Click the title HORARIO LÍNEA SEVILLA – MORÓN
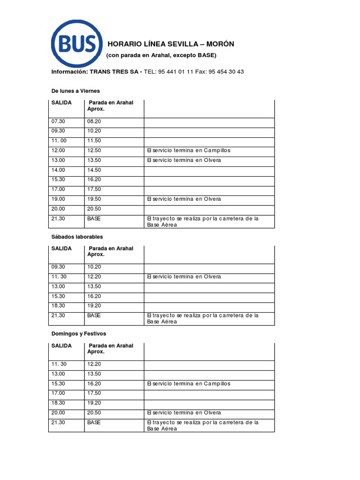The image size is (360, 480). pyautogui.click(x=171, y=44)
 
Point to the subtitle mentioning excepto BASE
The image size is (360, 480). pyautogui.click(x=161, y=55)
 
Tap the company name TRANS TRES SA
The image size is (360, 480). pyautogui.click(x=114, y=72)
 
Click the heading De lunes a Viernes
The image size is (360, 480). pyautogui.click(x=75, y=90)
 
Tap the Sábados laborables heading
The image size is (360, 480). pyautogui.click(x=77, y=237)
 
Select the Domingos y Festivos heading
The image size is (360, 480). pyautogui.click(x=79, y=334)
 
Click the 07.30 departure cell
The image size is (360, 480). pyautogui.click(x=58, y=121)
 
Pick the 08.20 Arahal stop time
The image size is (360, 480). pyautogui.click(x=94, y=121)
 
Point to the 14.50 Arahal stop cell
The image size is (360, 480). pyautogui.click(x=94, y=170)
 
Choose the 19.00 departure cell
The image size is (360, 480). pyautogui.click(x=58, y=199)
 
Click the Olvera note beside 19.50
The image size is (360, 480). pyautogui.click(x=184, y=199)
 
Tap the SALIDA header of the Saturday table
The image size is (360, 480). pyautogui.click(x=61, y=249)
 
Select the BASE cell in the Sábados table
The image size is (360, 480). pyautogui.click(x=94, y=315)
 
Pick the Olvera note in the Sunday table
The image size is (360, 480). pyautogui.click(x=184, y=413)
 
